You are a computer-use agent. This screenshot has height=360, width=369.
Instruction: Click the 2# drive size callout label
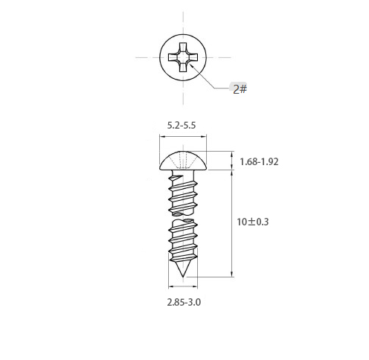tap(240, 89)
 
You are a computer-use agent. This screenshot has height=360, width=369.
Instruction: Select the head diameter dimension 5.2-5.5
tap(182, 126)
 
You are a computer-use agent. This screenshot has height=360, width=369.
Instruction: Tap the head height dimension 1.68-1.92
tap(259, 161)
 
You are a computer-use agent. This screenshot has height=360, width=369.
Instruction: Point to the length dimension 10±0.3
tap(252, 222)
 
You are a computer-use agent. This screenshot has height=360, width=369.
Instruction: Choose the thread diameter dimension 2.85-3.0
tap(184, 302)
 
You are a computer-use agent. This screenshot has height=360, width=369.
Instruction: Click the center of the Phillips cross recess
tap(183, 57)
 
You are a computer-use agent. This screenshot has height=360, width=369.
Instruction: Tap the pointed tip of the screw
tap(183, 276)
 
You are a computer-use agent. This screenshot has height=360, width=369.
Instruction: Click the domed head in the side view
tap(183, 161)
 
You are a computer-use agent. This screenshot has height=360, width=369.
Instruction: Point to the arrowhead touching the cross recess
tap(190, 65)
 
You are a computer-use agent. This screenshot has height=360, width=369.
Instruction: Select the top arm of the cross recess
tap(183, 47)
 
